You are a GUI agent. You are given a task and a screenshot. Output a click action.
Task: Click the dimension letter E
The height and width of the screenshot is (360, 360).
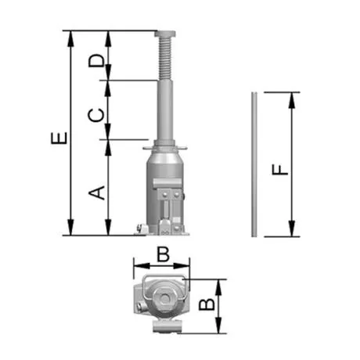point(59,139)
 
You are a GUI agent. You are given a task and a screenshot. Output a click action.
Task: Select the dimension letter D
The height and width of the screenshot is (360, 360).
point(96,60)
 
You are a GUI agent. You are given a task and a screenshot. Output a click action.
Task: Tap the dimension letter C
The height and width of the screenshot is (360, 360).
point(95,115)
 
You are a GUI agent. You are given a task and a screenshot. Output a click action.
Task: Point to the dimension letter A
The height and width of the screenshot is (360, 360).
point(96,193)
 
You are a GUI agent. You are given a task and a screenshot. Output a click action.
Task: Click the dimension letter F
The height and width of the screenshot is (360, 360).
point(280,170)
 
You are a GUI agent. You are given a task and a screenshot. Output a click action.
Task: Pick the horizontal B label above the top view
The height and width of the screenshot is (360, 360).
point(164,254)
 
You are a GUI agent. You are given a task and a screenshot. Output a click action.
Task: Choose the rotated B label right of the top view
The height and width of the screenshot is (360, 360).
point(207,304)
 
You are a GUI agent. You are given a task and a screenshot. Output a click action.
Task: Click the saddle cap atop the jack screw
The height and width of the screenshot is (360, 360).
point(165,34)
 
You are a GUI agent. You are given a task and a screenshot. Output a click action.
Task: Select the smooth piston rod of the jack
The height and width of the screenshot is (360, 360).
point(165,111)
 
